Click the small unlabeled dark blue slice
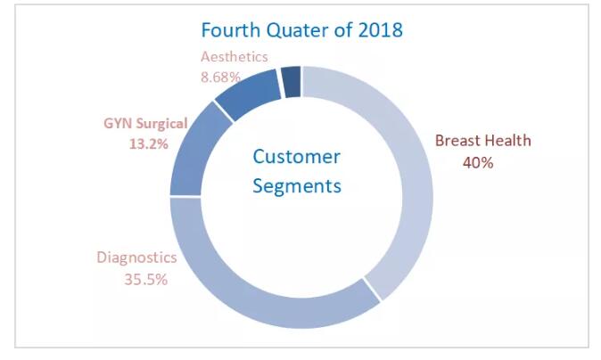coord(291,81)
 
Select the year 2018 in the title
coord(380,29)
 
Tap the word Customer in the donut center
coord(296,157)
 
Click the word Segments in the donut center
coord(297,186)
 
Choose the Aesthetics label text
coord(234,57)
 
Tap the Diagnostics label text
coord(136,258)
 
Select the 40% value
coord(478,162)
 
